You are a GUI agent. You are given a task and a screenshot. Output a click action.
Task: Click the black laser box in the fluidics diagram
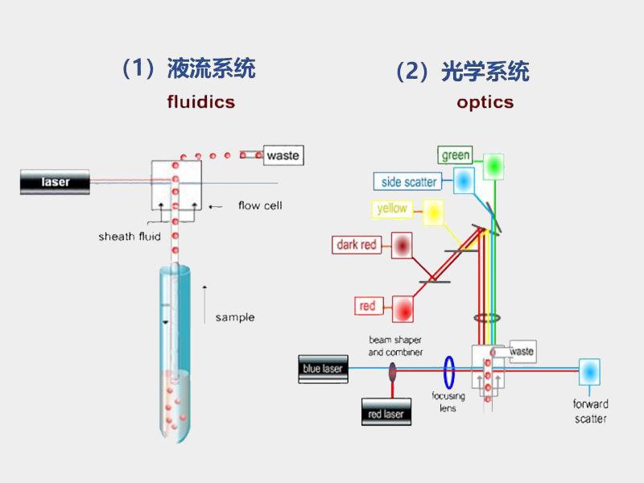click(56, 182)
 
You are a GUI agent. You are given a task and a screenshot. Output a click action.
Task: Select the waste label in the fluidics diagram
click(283, 155)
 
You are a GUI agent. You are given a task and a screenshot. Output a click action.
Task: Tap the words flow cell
click(260, 206)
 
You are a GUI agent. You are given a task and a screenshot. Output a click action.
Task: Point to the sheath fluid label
click(129, 237)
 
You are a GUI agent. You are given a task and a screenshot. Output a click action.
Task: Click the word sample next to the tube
click(234, 317)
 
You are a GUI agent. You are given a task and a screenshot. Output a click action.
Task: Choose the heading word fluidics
click(201, 102)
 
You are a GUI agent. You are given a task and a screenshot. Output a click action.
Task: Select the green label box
click(456, 155)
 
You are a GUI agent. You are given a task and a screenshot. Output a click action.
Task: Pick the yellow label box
click(392, 209)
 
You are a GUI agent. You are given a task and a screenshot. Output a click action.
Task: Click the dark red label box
click(357, 245)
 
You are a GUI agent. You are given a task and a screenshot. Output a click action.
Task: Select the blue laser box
click(323, 369)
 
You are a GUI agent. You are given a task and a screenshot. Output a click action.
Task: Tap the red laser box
click(386, 414)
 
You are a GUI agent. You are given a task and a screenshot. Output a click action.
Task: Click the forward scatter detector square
click(590, 372)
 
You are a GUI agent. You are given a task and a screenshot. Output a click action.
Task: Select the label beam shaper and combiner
click(395, 346)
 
